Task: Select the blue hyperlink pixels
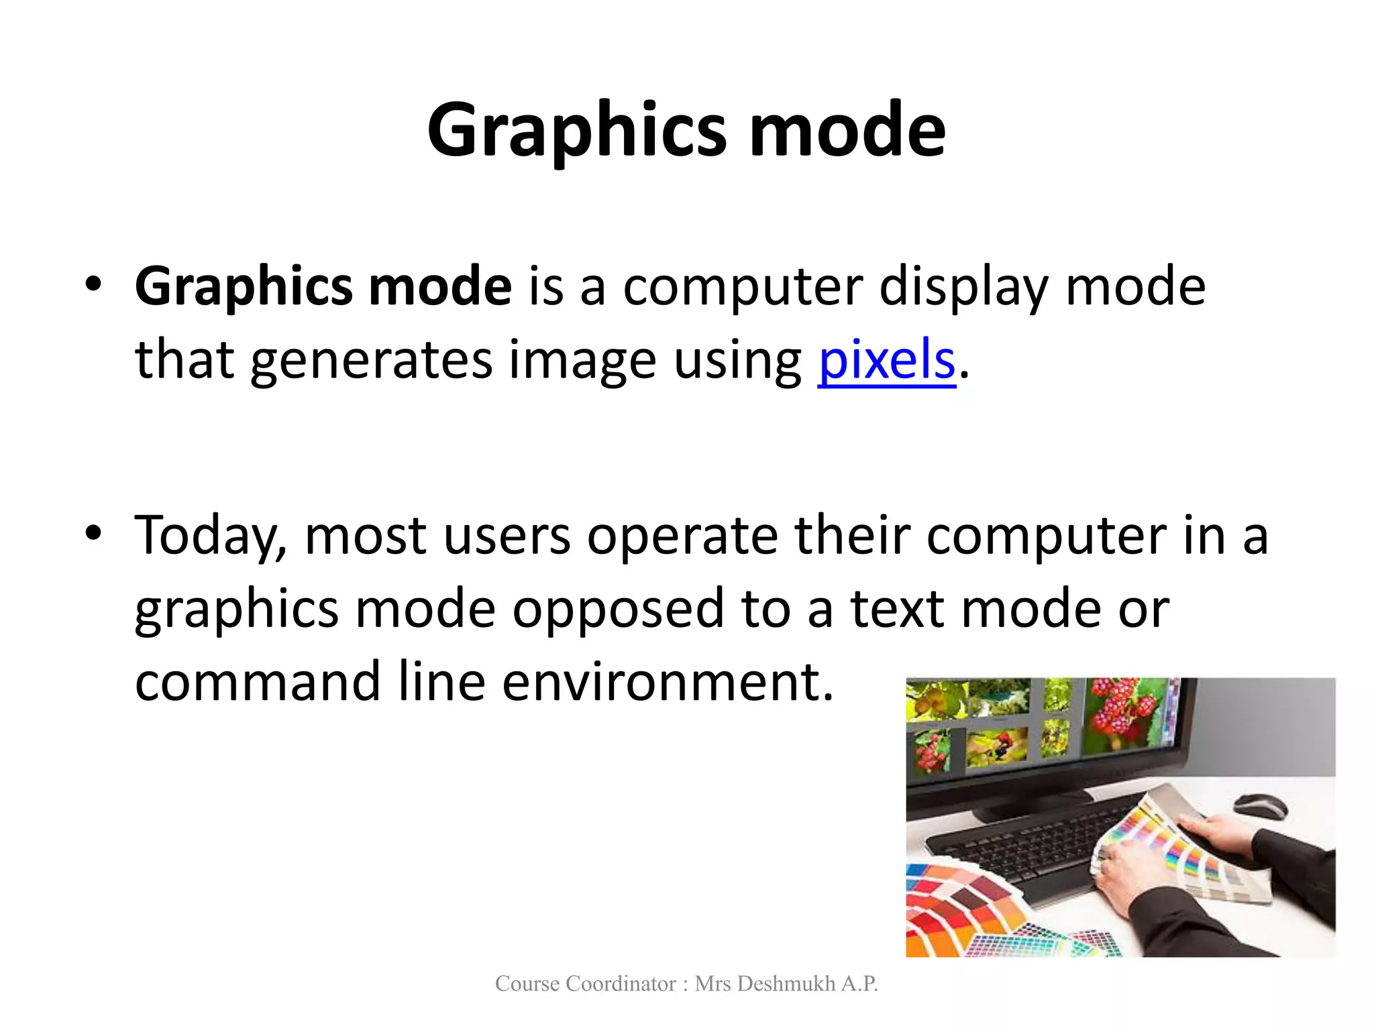tap(886, 360)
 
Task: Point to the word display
tap(963, 287)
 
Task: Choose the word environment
tap(668, 681)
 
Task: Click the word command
tap(258, 681)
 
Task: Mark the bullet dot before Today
tap(93, 534)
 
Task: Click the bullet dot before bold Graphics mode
tap(93, 284)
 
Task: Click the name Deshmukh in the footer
tap(788, 984)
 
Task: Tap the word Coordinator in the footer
tap(621, 984)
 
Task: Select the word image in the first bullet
tap(582, 360)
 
